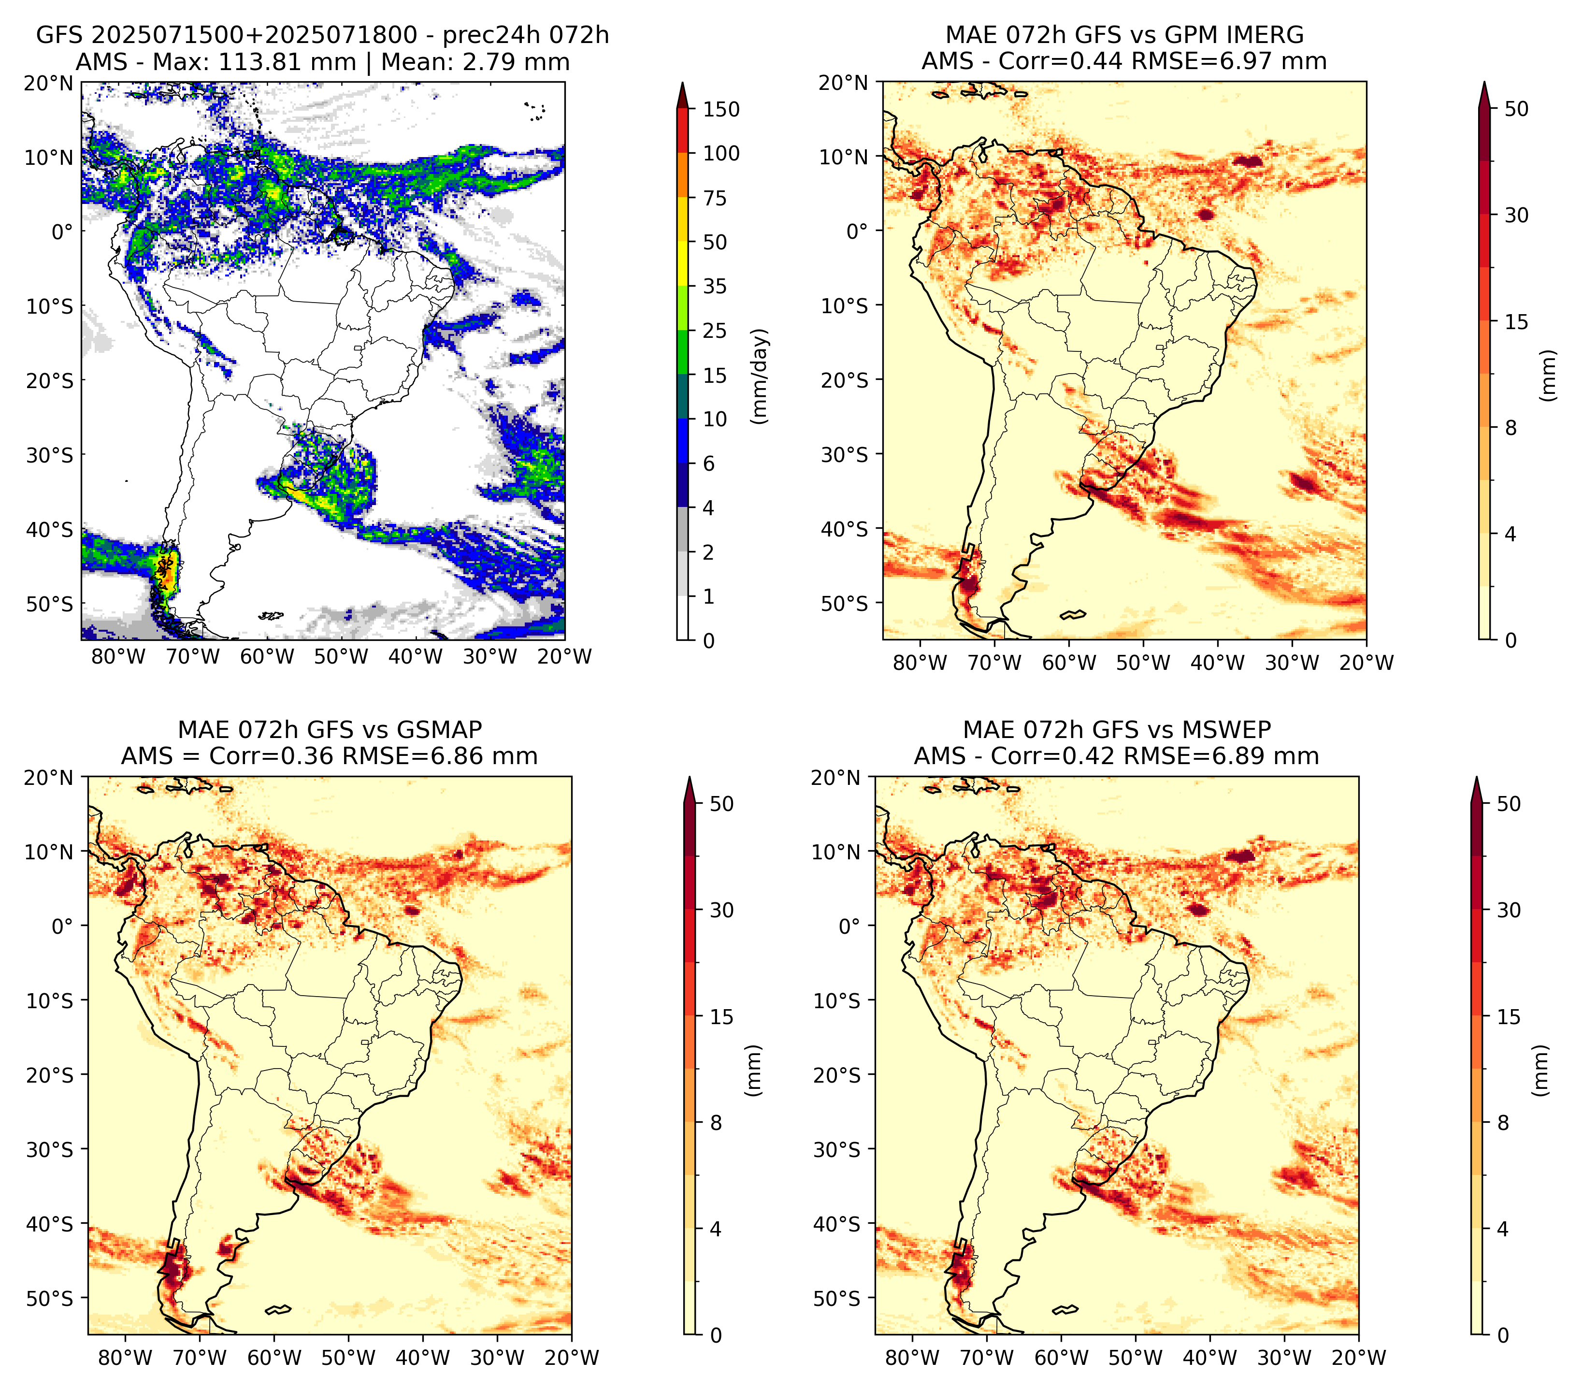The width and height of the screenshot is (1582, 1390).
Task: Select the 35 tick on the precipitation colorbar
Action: click(715, 286)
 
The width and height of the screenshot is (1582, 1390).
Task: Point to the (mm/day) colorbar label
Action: click(761, 376)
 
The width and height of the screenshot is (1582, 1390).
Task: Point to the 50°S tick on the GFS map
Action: click(50, 604)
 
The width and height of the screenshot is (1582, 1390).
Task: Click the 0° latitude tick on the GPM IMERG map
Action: click(858, 231)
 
